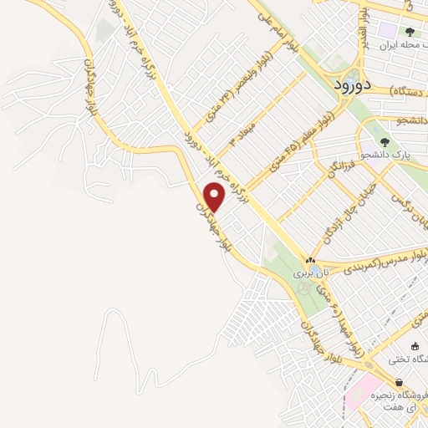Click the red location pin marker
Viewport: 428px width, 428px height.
[x=215, y=197]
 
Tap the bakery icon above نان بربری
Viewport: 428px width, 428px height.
[x=310, y=260]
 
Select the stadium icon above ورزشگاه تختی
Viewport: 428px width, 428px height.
[x=415, y=345]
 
